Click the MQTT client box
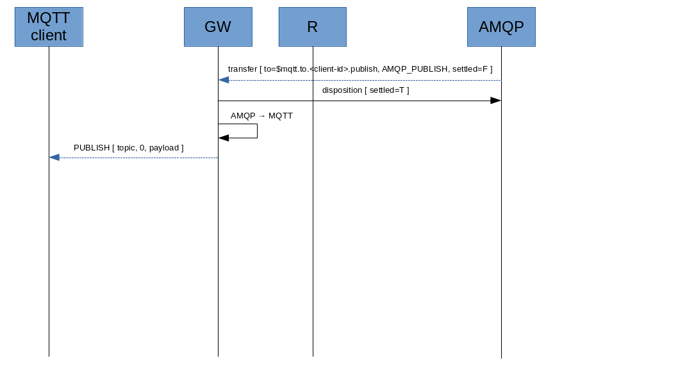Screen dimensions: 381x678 tap(49, 27)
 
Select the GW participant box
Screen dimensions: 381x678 tap(218, 27)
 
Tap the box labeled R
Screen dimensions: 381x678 tap(312, 27)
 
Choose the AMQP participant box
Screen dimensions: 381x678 tap(501, 27)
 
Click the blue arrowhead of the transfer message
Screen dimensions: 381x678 tap(224, 80)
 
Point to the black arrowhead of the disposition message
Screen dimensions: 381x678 tap(495, 101)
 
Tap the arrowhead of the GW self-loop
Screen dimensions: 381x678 tap(224, 138)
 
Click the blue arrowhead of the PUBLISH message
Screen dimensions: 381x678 tap(54, 158)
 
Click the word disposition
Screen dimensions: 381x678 tap(342, 90)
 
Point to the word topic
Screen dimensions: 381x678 tap(126, 148)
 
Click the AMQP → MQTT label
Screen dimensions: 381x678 tap(261, 116)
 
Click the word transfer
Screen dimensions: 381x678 tap(242, 69)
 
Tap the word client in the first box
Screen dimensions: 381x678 tap(49, 35)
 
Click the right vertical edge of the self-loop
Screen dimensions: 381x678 tap(257, 131)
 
